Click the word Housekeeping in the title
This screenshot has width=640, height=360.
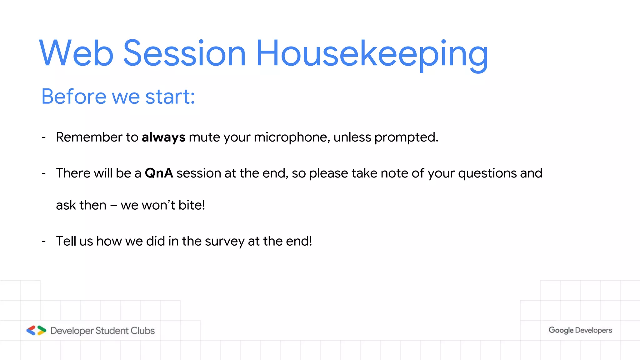tap(372, 54)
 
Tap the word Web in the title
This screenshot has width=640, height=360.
tap(76, 53)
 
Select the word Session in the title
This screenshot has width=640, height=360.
tap(184, 53)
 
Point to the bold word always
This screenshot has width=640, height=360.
tap(163, 137)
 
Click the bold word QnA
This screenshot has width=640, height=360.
tap(159, 173)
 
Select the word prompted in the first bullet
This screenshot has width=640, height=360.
tap(406, 137)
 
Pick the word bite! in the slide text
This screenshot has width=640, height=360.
tap(192, 205)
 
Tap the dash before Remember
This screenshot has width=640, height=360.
tap(44, 137)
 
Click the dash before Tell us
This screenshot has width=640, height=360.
tap(44, 241)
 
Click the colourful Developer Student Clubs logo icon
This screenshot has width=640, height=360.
tap(36, 330)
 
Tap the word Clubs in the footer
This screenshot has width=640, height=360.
tap(142, 331)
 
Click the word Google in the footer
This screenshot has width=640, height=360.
tap(561, 330)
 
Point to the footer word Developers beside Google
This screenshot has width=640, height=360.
tap(593, 330)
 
